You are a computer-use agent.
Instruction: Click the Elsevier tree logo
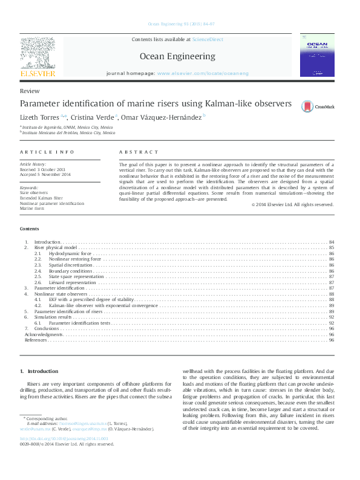[x=38, y=56]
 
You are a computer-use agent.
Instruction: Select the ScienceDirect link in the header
[x=208, y=39]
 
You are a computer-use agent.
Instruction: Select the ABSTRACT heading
[x=139, y=152]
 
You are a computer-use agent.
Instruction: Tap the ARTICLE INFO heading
[x=47, y=152]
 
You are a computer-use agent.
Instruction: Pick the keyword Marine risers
[x=32, y=209]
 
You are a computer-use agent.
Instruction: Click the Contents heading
[x=29, y=229]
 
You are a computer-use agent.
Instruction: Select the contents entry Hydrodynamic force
[x=70, y=253]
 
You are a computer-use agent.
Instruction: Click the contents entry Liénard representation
[x=73, y=282]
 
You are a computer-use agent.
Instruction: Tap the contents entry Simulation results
[x=53, y=317]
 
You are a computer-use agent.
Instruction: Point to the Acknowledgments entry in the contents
[x=43, y=334]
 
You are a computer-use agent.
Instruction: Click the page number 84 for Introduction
[x=332, y=242]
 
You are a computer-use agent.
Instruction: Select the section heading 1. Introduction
[x=39, y=371]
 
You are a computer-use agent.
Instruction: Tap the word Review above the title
[x=26, y=90]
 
